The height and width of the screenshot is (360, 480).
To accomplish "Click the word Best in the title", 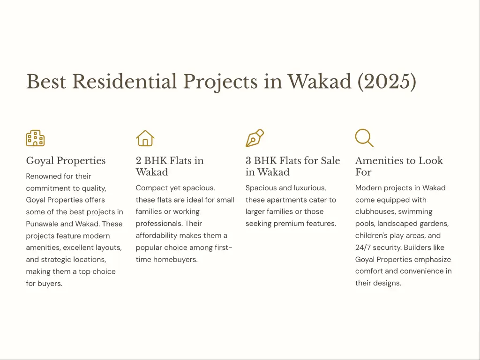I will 46,82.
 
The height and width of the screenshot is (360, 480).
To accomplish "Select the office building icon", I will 35,138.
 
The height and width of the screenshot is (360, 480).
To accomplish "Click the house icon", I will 145,138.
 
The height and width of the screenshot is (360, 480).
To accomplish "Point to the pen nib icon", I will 255,138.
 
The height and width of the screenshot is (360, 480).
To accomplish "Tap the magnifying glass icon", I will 364,138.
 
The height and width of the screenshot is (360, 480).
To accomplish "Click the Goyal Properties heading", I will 66,161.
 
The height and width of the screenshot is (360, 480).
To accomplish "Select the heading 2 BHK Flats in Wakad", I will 170,166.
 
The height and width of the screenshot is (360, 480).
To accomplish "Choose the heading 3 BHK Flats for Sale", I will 292,161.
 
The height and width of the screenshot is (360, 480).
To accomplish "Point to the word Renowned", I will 43,176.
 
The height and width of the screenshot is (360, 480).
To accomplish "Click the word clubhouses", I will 377,212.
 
